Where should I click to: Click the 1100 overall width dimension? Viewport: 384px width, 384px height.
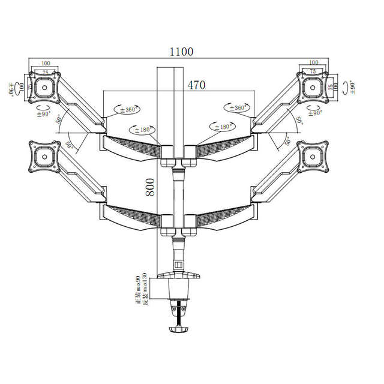click(181, 52)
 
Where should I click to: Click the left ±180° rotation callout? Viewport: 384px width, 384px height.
click(142, 130)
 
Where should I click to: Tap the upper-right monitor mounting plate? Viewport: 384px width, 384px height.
click(313, 86)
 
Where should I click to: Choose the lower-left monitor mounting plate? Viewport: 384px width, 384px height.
click(44, 155)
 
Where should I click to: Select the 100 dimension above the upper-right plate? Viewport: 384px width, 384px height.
click(312, 62)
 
